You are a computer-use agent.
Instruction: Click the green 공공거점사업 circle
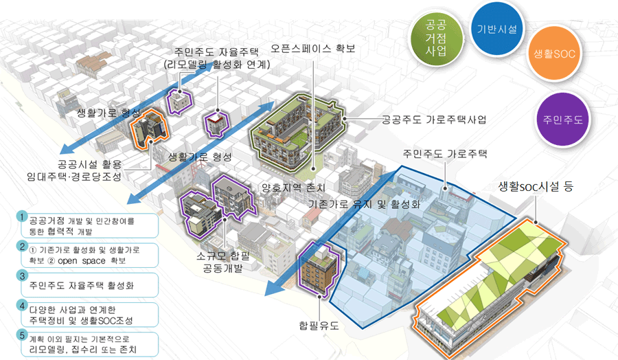435,36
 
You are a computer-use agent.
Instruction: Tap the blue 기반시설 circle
499,30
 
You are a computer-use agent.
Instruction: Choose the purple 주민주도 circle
558,119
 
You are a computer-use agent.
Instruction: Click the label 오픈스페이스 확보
313,49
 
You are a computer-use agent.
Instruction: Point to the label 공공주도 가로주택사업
434,120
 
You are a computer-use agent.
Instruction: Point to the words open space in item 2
99,261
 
